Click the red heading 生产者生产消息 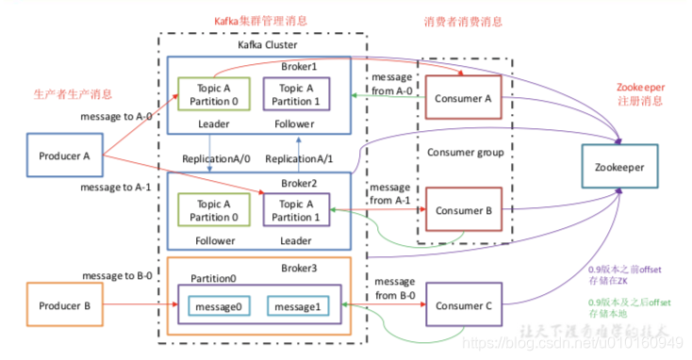pyautogui.click(x=74, y=94)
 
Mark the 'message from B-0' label pyautogui.click(x=398, y=287)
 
